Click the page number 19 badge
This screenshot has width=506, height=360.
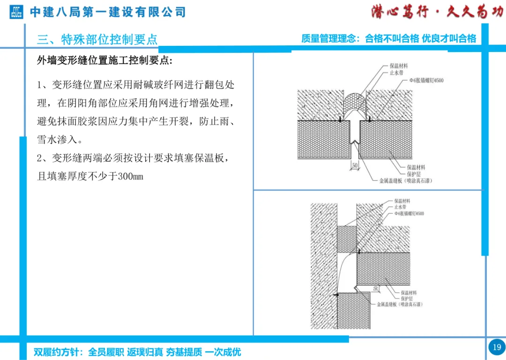click(x=497, y=347)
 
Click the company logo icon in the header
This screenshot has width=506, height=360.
click(x=16, y=12)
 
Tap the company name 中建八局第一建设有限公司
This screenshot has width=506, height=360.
click(x=108, y=12)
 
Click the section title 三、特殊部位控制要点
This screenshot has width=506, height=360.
click(x=97, y=39)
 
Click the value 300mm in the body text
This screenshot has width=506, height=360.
click(x=130, y=176)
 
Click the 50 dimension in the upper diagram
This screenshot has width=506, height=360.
click(x=355, y=165)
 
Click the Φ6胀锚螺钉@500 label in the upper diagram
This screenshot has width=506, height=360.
click(x=426, y=81)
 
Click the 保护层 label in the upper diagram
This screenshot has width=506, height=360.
click(x=414, y=174)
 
